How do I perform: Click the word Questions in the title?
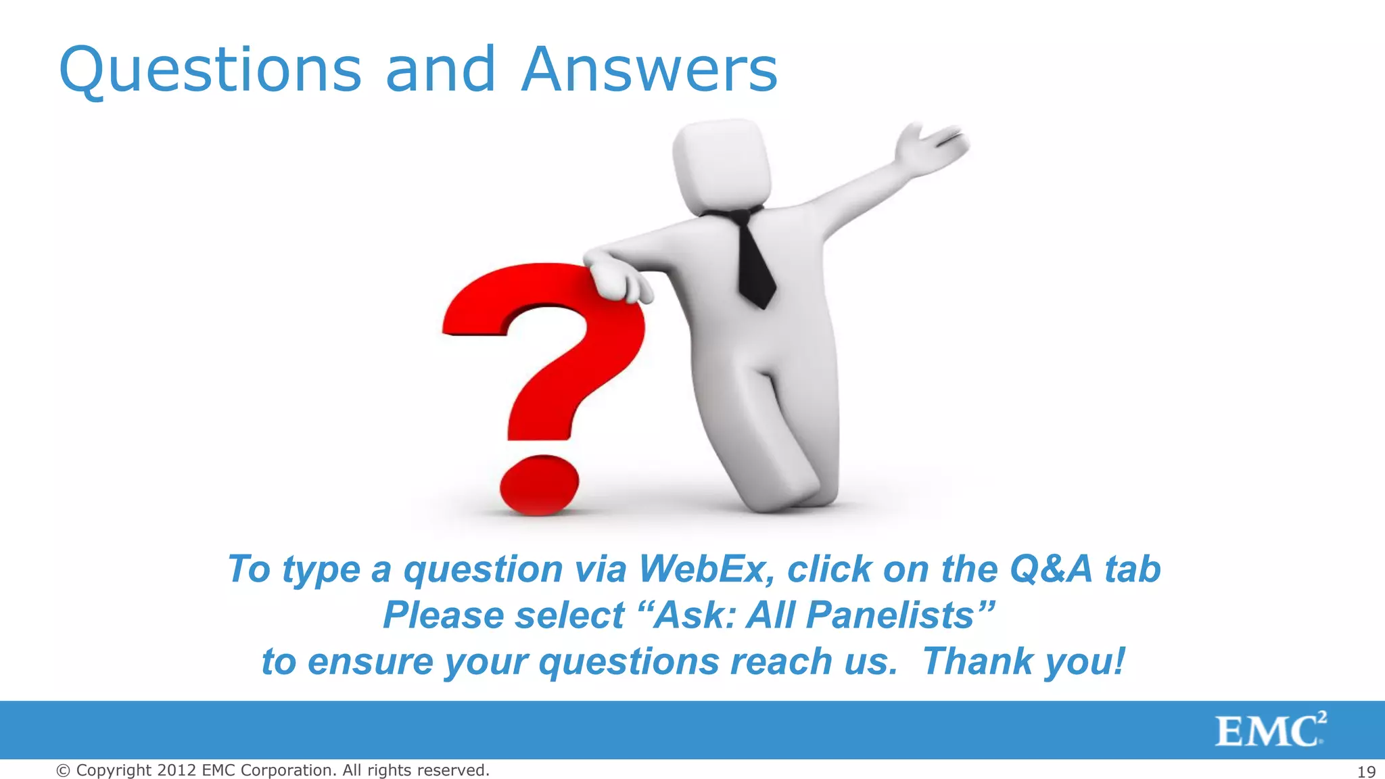(210, 70)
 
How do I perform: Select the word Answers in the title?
(649, 70)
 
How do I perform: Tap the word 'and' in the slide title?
(440, 70)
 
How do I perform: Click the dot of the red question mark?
(539, 483)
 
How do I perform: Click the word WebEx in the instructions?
(707, 569)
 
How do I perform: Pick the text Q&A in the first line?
(1051, 569)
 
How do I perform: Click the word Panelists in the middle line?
(890, 615)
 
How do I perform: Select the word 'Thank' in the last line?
(978, 661)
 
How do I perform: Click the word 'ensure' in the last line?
(371, 661)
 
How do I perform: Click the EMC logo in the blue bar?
(1270, 730)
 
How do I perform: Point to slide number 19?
(1366, 772)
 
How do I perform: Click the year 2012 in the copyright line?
(177, 770)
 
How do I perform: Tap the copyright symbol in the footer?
(63, 771)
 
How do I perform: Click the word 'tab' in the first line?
(1133, 569)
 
